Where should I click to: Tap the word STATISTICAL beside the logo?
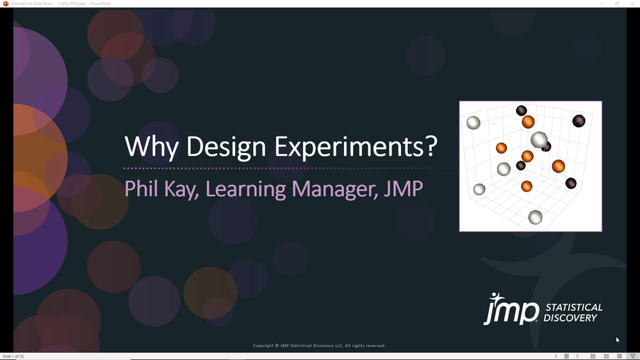573,307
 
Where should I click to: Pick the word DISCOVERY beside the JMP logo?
570,318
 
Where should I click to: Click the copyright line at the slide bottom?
319,346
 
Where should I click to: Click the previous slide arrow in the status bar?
556,356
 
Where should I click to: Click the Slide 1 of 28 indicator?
13,356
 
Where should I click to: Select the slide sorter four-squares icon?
606,356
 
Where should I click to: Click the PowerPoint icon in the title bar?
6,3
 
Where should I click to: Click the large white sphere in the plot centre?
539,139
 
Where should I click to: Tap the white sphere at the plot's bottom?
535,217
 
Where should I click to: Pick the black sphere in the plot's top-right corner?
578,120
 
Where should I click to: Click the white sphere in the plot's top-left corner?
473,122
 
